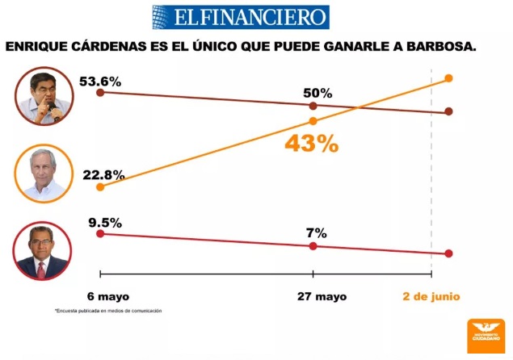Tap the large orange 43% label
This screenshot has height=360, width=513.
(310, 144)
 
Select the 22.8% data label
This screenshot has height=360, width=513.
(103, 174)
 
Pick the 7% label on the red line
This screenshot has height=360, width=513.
(316, 232)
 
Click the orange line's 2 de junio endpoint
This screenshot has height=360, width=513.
(448, 78)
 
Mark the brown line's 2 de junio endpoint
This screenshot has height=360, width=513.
(448, 111)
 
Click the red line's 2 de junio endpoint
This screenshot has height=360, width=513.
(448, 253)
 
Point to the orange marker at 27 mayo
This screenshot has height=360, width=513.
(313, 121)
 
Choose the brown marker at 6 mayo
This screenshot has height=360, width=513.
(100, 93)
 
